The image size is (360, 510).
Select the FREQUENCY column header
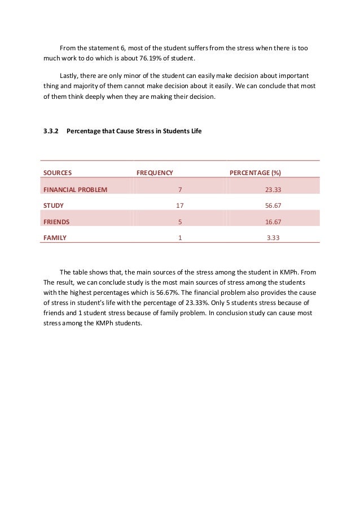click(155, 172)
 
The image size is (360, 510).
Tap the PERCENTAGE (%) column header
click(255, 172)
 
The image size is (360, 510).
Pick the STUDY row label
click(54, 205)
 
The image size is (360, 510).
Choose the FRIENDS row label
click(56, 221)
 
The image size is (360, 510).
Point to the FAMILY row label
click(55, 238)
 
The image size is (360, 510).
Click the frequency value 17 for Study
click(180, 205)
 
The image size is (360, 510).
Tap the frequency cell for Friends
click(180, 221)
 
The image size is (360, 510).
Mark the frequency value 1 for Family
click(180, 238)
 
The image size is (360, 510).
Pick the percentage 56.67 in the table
click(274, 205)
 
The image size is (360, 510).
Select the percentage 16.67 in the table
click(274, 221)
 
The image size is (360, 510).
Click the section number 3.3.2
click(51, 132)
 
